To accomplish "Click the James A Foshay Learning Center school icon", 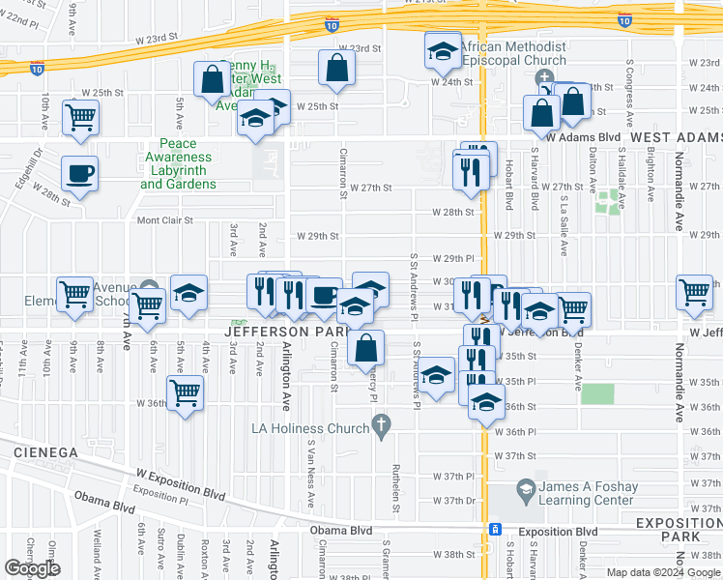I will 526,490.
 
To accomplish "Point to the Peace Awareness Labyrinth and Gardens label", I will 178,164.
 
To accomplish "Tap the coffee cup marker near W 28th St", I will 79,174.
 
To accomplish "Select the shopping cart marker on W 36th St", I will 185,392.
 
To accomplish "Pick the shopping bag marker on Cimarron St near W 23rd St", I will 336,68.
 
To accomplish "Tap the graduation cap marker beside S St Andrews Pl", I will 437,376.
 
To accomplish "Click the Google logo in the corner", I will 32,567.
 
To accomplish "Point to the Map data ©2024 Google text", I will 662,572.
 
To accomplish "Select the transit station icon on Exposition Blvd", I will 495,530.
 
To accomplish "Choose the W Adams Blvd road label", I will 583,138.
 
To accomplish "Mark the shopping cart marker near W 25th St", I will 80,117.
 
